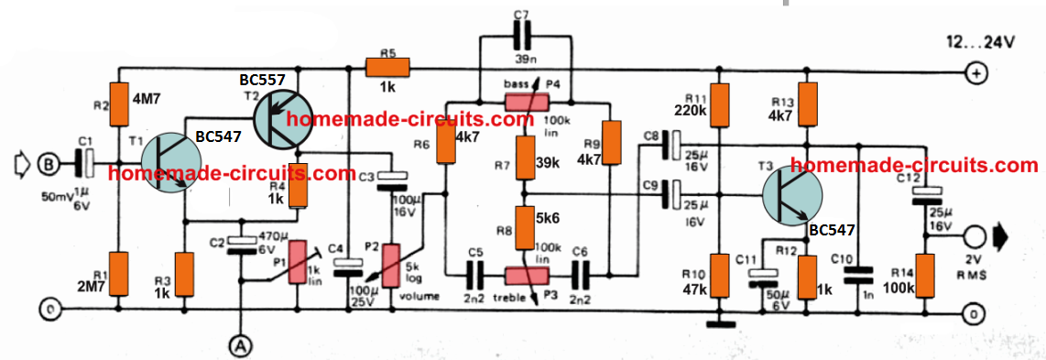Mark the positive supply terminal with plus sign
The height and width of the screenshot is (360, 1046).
(x=977, y=72)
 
